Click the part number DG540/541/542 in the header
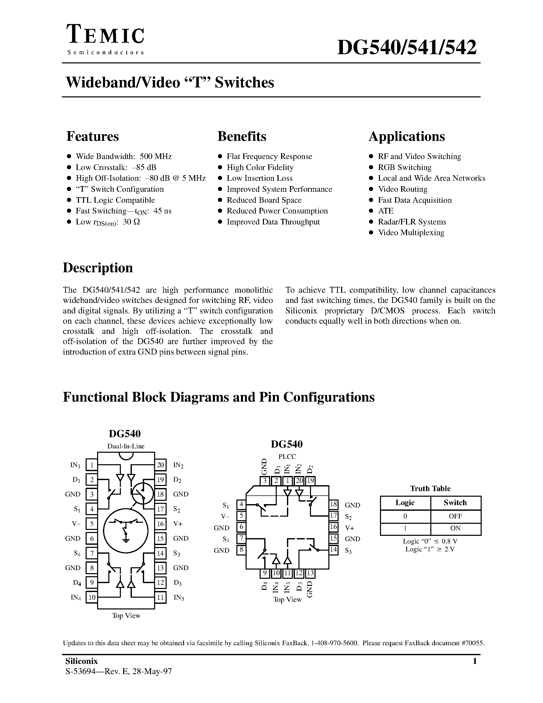(407, 48)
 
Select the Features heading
(93, 136)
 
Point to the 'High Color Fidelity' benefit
(260, 167)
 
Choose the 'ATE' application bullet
(385, 211)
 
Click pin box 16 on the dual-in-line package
(160, 524)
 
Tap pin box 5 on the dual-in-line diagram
(92, 524)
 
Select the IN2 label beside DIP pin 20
(178, 465)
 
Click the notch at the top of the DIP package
(126, 456)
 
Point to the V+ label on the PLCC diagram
(350, 528)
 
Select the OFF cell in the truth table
(455, 516)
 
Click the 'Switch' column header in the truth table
(455, 503)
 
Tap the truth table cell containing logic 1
(405, 528)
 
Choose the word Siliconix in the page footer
(81, 661)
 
